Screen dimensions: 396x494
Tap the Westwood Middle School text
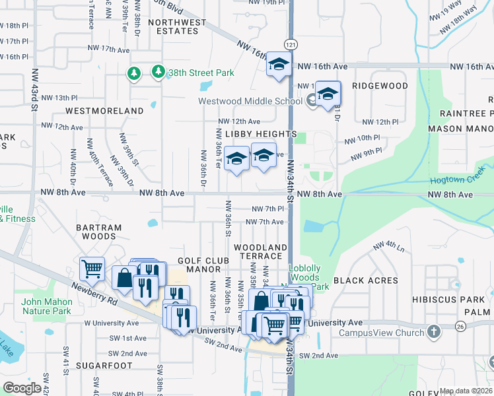click(x=250, y=101)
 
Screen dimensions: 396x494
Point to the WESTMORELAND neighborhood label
click(x=105, y=111)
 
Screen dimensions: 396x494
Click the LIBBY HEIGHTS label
click(x=261, y=134)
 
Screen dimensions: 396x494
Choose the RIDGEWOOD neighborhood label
click(x=380, y=86)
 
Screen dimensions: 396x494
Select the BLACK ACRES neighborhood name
click(x=366, y=280)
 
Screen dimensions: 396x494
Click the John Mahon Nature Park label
click(x=46, y=306)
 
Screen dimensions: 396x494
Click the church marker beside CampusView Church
click(x=433, y=331)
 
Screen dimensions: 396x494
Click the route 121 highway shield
click(x=290, y=44)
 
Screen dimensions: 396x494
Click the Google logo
click(x=22, y=388)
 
